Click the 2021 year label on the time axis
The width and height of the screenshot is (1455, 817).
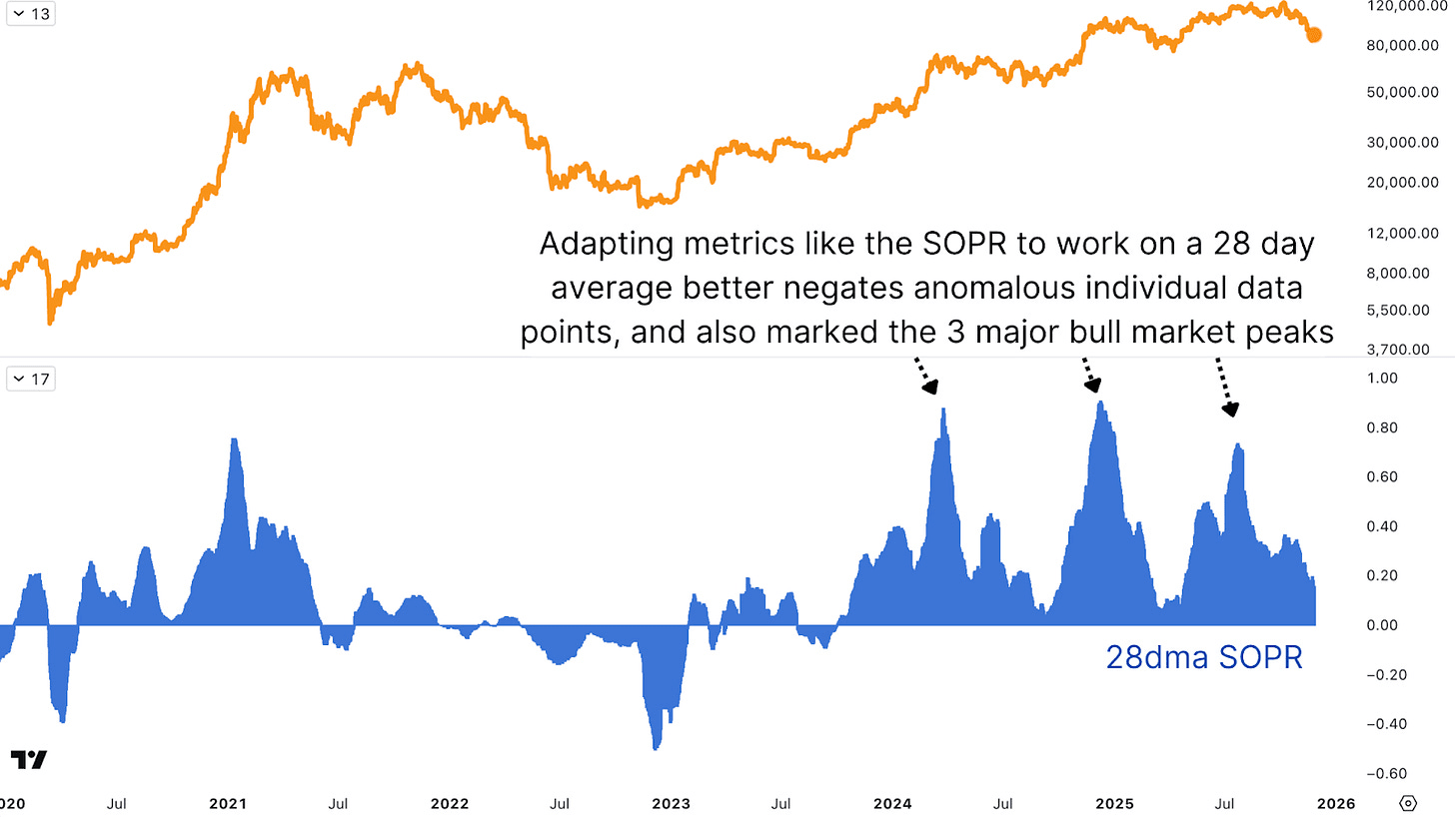click(228, 803)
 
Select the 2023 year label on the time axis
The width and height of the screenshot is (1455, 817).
click(671, 803)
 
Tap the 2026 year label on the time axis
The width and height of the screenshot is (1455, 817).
click(1335, 803)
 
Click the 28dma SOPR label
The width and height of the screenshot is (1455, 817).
click(1203, 657)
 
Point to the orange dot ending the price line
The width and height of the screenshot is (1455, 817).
click(1314, 35)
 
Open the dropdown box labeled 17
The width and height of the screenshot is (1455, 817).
click(30, 379)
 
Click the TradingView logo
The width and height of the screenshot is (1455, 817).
click(29, 759)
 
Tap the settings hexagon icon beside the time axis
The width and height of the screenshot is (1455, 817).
click(1409, 803)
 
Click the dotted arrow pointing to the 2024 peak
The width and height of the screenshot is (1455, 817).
click(924, 375)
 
